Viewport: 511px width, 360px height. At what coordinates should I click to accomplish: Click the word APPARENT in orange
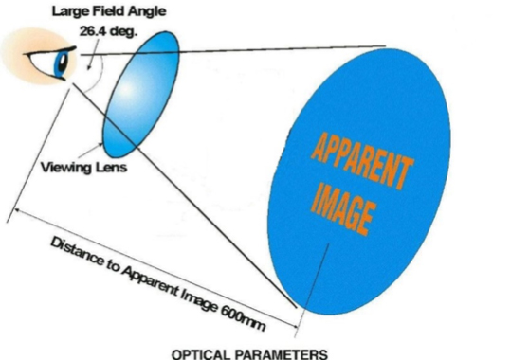(362, 160)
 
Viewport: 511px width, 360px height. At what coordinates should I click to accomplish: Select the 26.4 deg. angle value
(108, 32)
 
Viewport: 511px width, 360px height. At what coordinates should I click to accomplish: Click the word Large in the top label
(70, 11)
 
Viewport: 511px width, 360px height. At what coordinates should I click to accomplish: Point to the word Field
(108, 11)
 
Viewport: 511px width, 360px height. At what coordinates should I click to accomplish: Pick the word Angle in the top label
(147, 12)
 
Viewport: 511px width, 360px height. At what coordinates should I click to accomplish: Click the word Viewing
(66, 168)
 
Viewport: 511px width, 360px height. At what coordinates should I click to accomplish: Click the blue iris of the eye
(61, 63)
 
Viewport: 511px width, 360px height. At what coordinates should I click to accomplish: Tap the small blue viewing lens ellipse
(140, 94)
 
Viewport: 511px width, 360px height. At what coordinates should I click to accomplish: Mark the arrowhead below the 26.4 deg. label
(89, 66)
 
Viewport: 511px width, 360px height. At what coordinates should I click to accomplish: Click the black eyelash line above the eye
(49, 52)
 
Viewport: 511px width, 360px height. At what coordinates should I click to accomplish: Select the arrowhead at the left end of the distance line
(17, 212)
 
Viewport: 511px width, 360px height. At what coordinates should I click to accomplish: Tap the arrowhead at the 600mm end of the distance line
(294, 326)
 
